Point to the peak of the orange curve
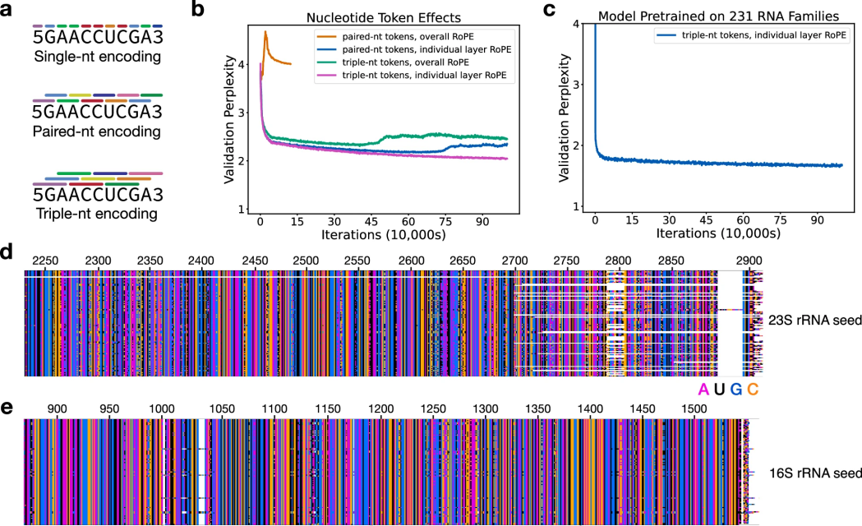click(265, 32)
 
